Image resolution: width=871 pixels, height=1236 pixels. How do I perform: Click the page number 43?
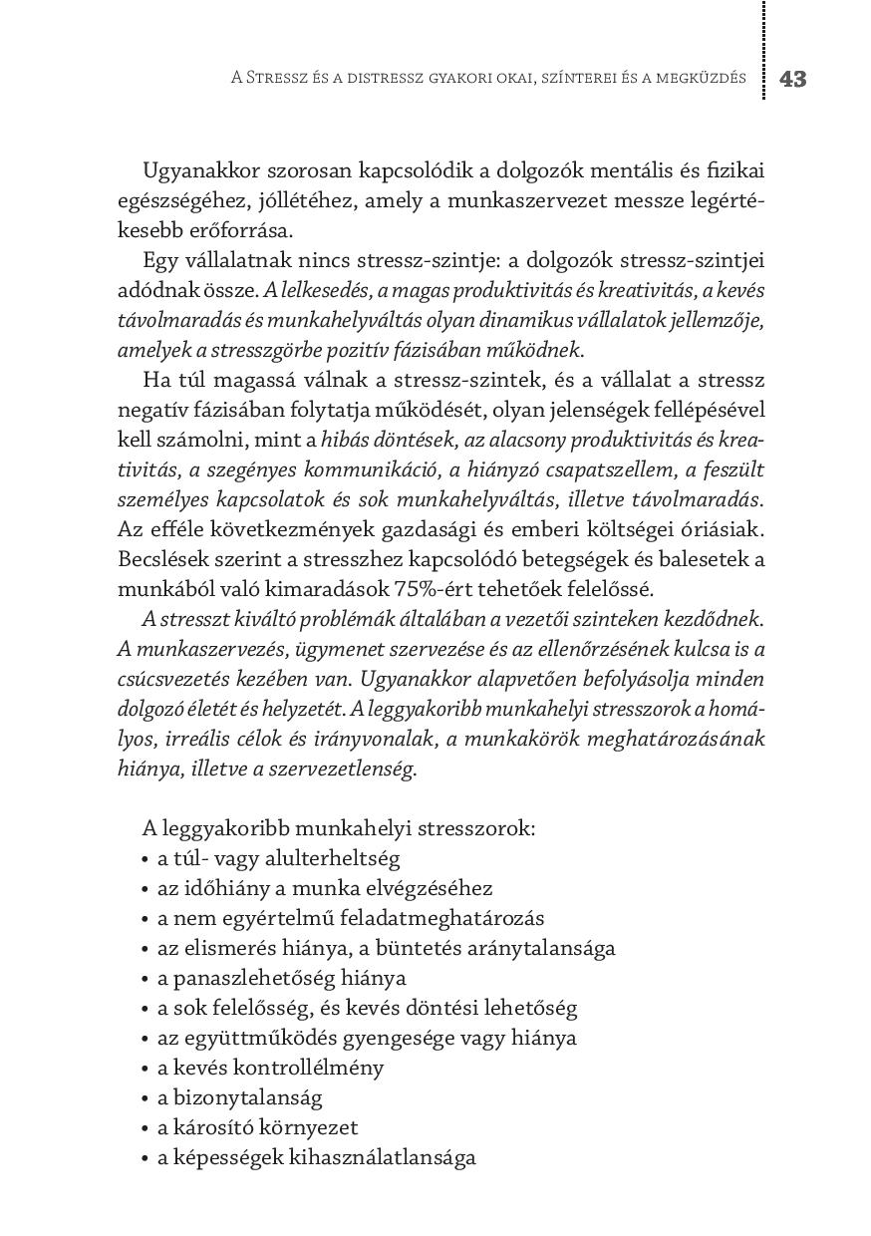(x=793, y=79)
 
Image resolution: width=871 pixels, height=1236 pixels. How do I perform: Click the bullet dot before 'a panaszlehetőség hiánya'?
(x=147, y=979)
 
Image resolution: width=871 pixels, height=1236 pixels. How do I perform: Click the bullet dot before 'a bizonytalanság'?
(x=147, y=1098)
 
